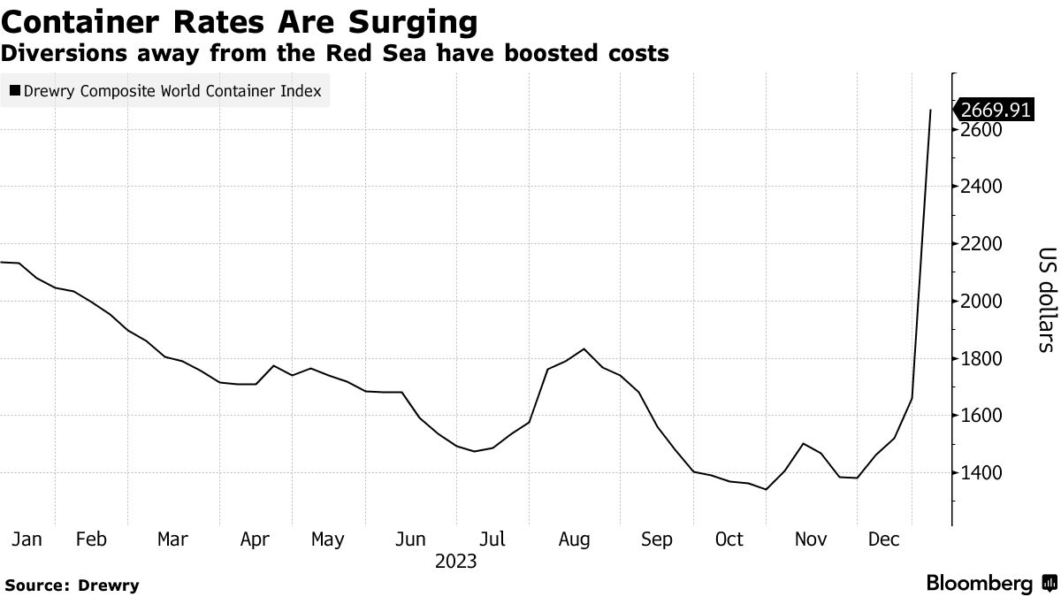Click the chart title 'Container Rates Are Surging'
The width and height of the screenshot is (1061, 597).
[240, 20]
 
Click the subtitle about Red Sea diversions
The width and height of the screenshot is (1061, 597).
[334, 53]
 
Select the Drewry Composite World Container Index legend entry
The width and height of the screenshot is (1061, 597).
[165, 90]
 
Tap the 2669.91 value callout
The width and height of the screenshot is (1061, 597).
[995, 110]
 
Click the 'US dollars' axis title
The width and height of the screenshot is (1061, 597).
[1047, 298]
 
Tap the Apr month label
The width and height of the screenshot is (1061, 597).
[255, 539]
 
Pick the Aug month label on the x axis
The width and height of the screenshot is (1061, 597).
[575, 539]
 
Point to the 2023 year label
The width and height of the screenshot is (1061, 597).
[455, 561]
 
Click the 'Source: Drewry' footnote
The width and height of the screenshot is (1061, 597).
[72, 585]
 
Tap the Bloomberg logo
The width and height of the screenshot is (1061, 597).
[990, 584]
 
